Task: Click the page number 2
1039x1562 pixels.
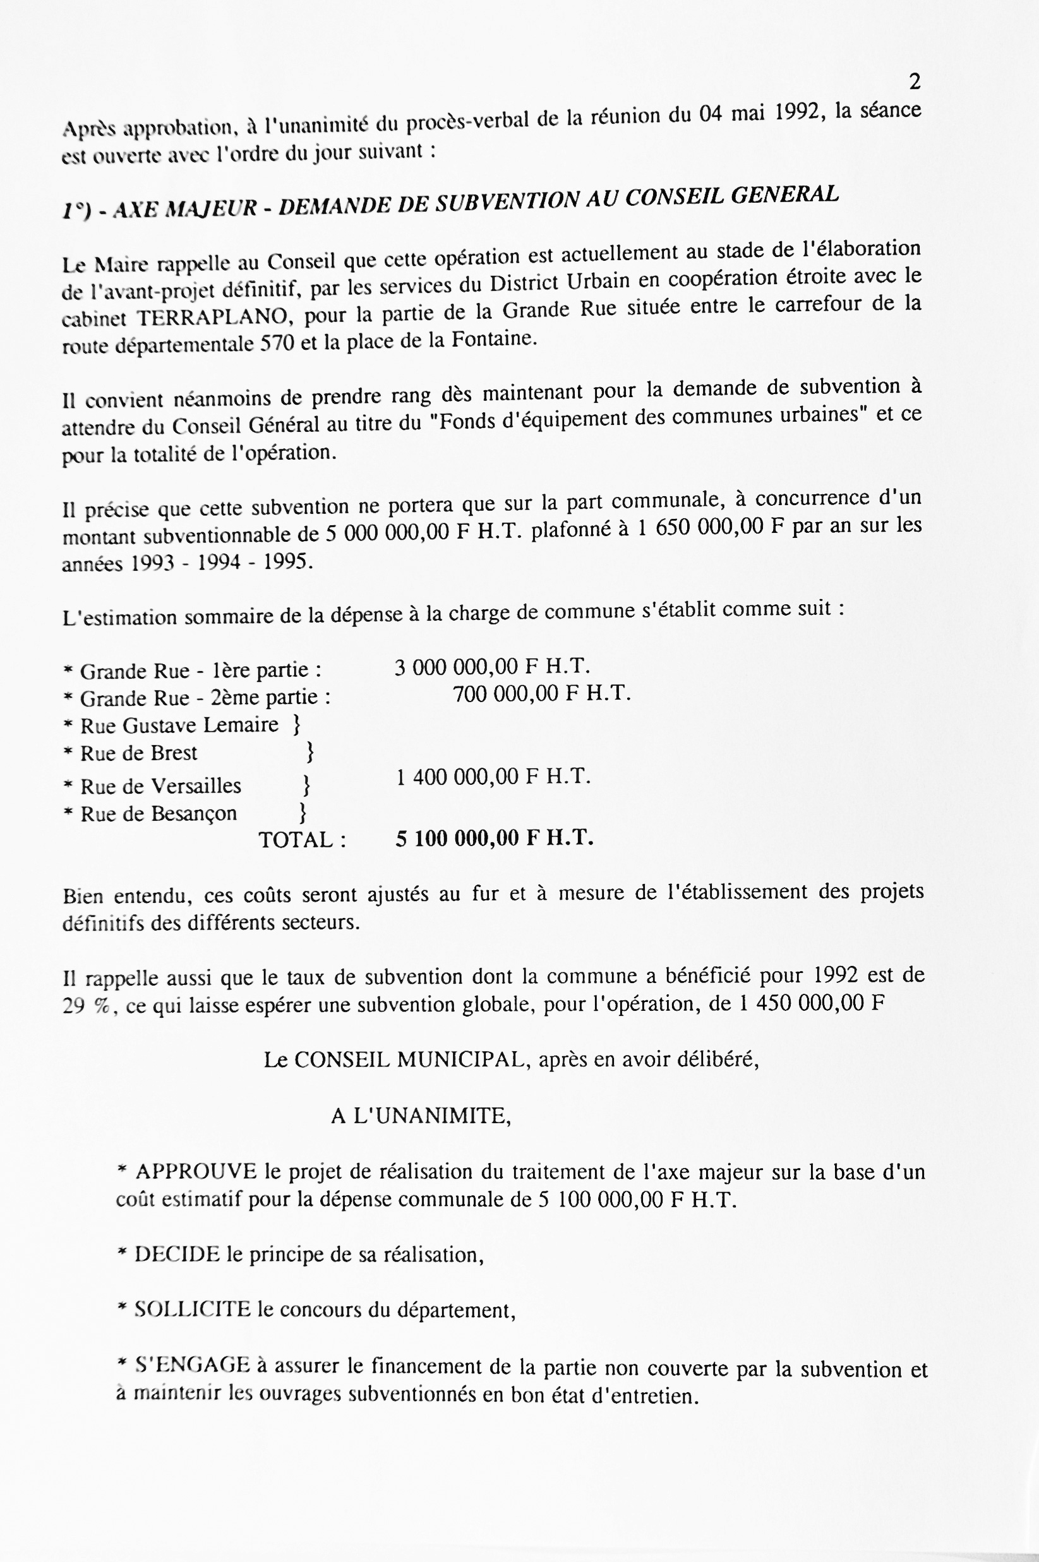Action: (x=915, y=82)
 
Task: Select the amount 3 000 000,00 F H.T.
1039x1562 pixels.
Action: (x=491, y=666)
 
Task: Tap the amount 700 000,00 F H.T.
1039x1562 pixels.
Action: (x=541, y=694)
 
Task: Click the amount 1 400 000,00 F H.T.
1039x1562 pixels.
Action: (x=493, y=777)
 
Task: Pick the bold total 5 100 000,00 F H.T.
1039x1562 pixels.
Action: (x=495, y=838)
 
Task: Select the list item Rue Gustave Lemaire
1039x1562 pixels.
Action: (x=179, y=725)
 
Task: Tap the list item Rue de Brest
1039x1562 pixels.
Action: (x=138, y=753)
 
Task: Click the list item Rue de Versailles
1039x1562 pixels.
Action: (x=160, y=786)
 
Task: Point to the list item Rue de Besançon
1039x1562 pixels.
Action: (x=159, y=813)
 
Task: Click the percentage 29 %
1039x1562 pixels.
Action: (x=85, y=1006)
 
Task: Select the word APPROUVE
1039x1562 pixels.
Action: (x=195, y=1172)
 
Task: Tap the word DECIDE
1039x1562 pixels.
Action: (x=177, y=1255)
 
